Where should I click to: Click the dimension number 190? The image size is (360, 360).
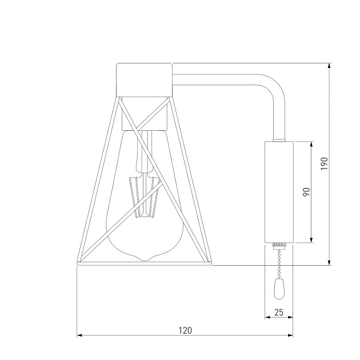324,163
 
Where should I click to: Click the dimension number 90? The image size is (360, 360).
306,191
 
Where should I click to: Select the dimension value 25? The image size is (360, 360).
279,312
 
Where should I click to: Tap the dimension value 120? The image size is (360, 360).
185,330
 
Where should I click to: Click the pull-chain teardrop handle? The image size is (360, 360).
279,290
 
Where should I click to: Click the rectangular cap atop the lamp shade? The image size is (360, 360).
144,79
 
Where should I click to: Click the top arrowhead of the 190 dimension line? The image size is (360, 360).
330,66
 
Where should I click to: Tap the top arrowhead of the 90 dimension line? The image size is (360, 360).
311,145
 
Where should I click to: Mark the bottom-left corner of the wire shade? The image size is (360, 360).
78,263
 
